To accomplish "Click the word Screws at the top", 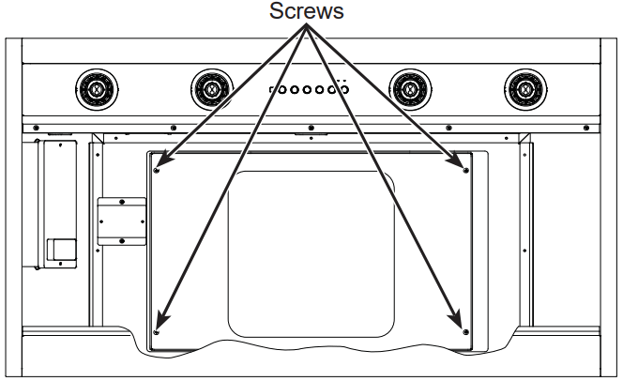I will [306, 11].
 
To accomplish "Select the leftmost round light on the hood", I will [96, 90].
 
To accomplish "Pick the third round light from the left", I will [408, 90].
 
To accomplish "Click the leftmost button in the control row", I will [271, 91].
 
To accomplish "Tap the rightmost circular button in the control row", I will [343, 91].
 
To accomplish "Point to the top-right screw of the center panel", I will [465, 170].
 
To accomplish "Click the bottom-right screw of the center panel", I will [465, 331].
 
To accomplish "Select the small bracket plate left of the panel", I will [122, 221].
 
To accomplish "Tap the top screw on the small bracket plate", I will [122, 202].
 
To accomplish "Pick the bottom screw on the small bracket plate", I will [122, 240].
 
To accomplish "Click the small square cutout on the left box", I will [61, 249].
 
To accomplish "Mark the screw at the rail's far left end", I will [35, 128].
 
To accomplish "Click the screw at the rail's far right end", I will [587, 128].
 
